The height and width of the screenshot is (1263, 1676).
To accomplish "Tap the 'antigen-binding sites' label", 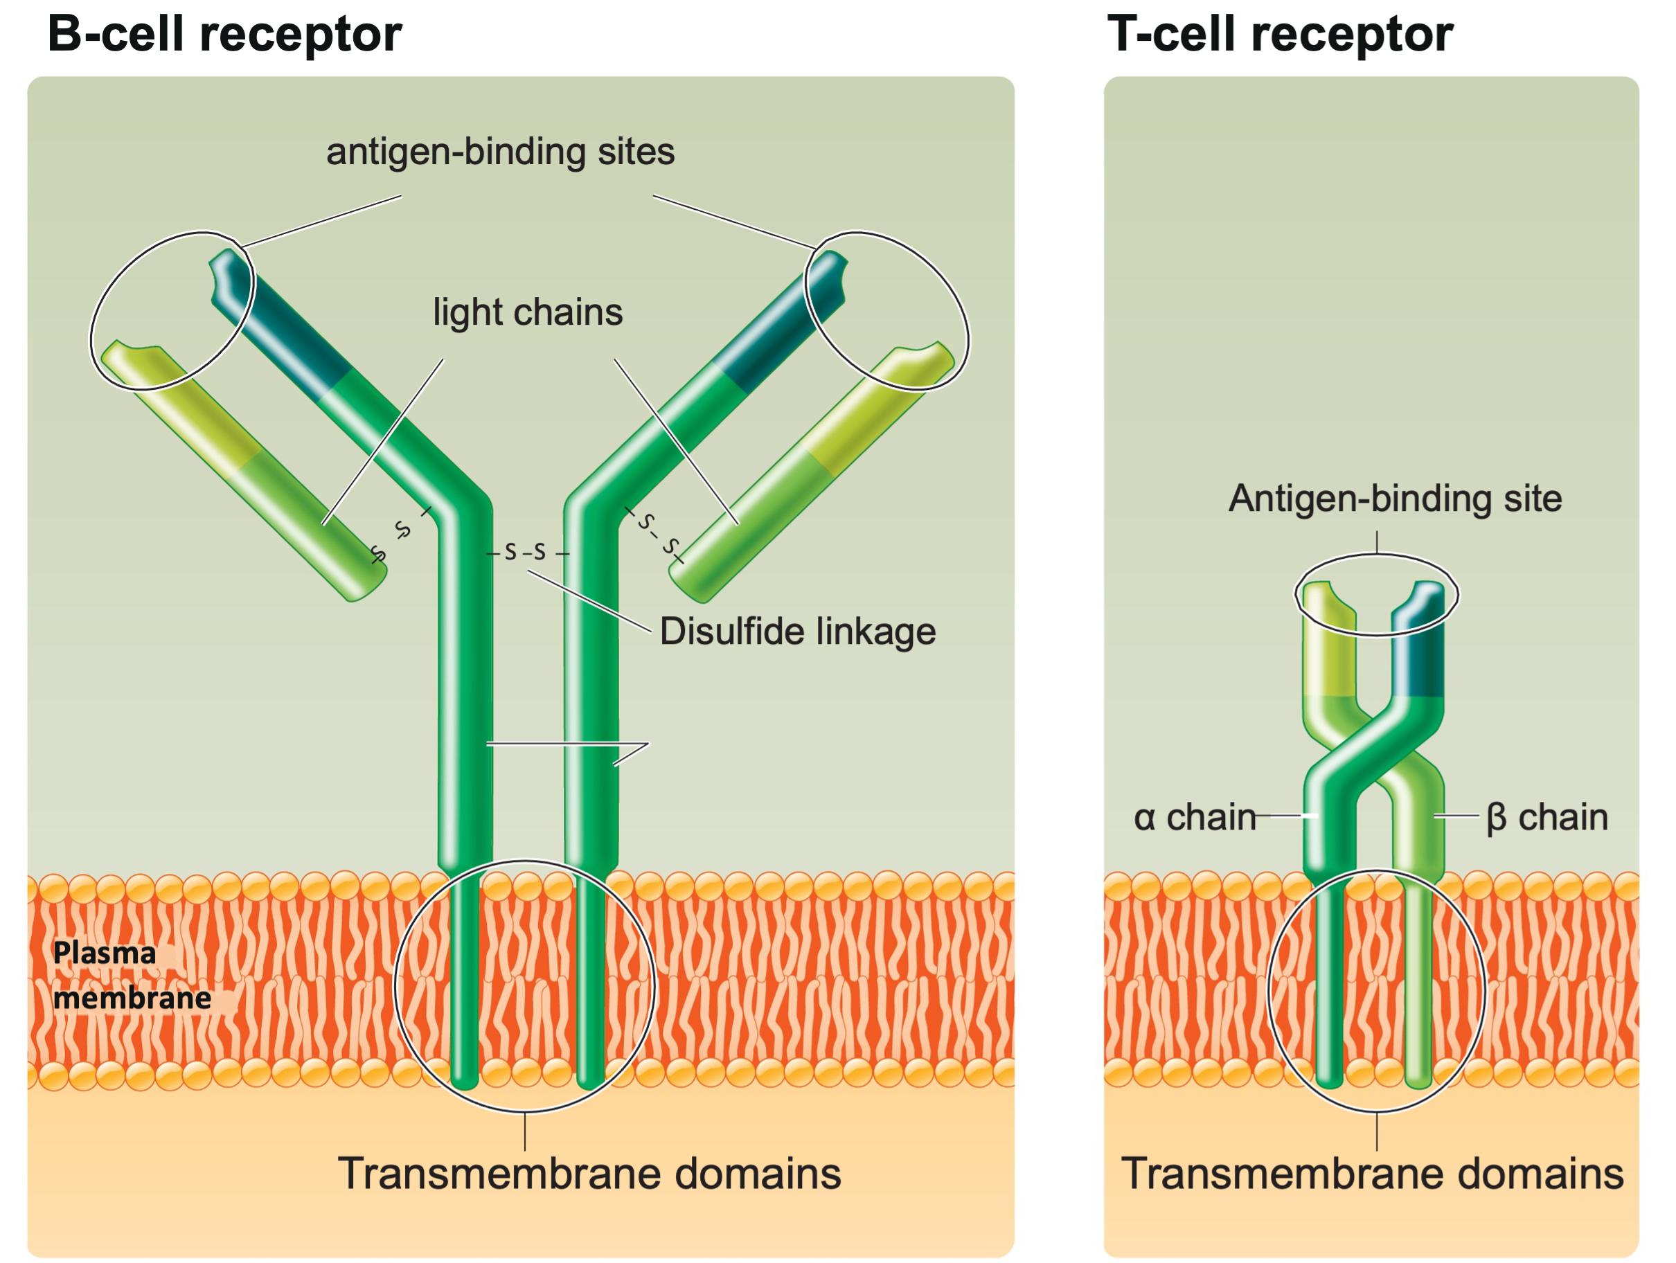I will pos(500,152).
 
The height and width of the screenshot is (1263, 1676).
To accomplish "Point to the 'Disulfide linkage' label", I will pos(797,631).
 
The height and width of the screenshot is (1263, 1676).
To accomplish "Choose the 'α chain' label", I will pos(1194,817).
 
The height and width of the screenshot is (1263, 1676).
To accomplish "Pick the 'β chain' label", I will pos(1546,817).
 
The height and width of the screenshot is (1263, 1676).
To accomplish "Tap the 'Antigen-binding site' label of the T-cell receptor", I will pos(1395,499).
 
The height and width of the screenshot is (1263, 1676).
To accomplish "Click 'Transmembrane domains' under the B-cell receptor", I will pos(589,1174).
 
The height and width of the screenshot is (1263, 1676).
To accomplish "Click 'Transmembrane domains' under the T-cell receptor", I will pos(1372,1174).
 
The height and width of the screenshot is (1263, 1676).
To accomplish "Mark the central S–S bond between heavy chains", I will pos(526,553).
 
